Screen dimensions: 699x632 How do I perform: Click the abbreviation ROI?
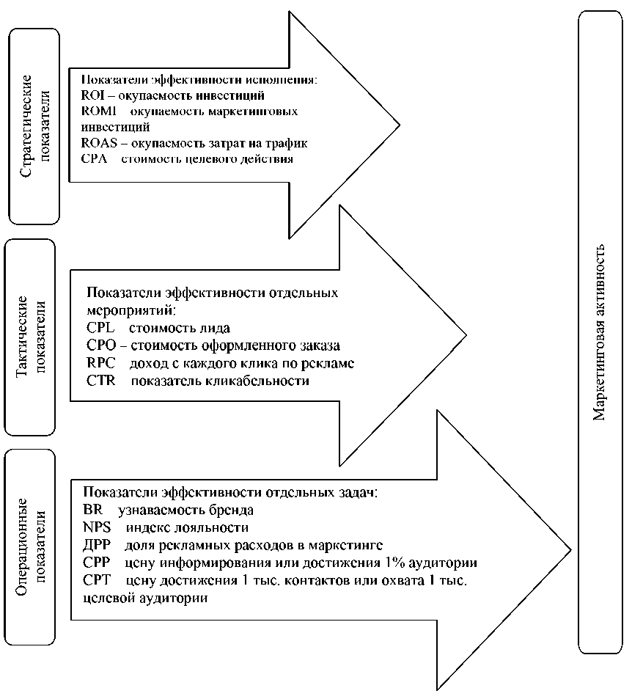pyautogui.click(x=91, y=95)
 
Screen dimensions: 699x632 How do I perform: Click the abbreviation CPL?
pyautogui.click(x=100, y=328)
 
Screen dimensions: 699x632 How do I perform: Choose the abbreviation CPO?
pyautogui.click(x=100, y=345)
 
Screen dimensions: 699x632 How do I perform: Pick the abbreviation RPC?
pyautogui.click(x=100, y=363)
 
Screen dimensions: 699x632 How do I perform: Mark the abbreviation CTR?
pyautogui.click(x=100, y=381)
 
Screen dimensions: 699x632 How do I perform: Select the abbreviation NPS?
pyautogui.click(x=97, y=527)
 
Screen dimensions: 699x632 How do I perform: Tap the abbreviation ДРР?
pyautogui.click(x=97, y=545)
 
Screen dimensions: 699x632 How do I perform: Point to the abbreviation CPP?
pyautogui.click(x=97, y=563)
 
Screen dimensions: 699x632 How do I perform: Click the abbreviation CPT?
pyautogui.click(x=97, y=580)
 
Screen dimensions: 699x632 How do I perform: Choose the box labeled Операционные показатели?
pyautogui.click(x=31, y=547)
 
